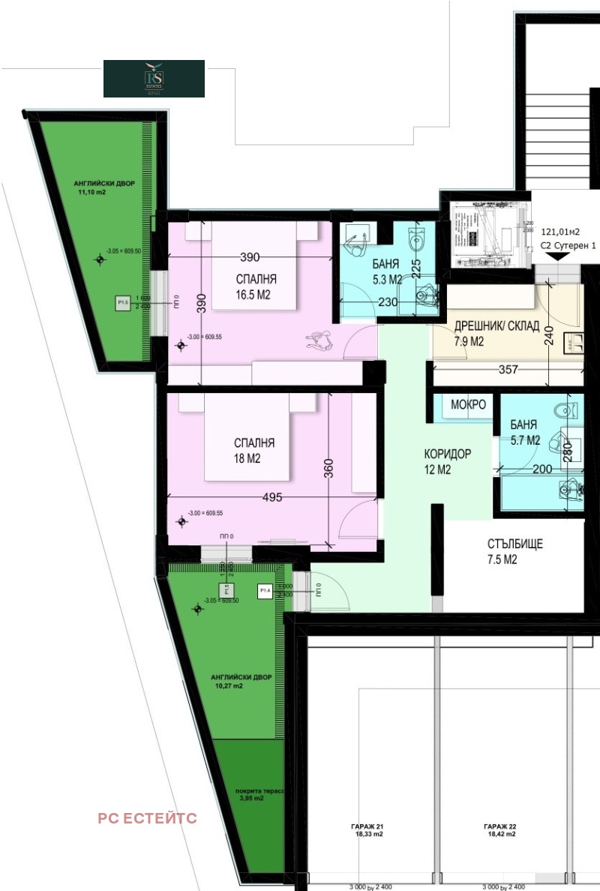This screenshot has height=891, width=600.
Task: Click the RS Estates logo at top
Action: coord(154,79)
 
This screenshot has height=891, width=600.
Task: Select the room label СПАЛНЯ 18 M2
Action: coord(253,451)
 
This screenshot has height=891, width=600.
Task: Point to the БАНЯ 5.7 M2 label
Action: coord(524,433)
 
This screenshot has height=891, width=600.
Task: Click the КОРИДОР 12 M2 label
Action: coord(447,462)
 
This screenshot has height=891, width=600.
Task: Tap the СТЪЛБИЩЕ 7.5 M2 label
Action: coord(514,551)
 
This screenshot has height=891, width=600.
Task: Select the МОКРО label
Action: coord(468,405)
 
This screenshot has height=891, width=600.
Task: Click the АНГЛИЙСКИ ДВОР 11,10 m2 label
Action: coord(103,188)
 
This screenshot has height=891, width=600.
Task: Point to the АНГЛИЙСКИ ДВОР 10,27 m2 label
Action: coord(241,681)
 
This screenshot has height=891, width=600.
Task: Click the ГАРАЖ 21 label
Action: coord(367,829)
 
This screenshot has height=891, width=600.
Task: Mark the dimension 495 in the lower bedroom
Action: coord(272,498)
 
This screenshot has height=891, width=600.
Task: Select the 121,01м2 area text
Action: coord(561,232)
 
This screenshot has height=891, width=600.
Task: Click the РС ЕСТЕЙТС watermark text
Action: coord(147,818)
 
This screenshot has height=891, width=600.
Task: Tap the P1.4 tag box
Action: coord(265,590)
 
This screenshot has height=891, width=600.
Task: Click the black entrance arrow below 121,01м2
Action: coord(556,257)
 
